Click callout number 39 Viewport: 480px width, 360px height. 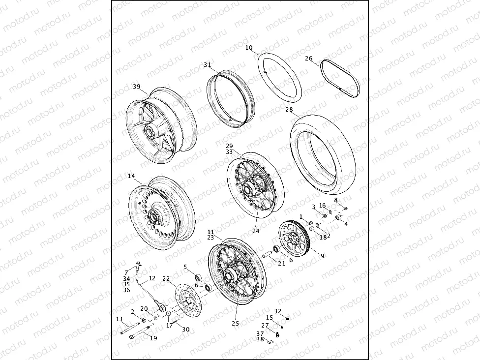(x=136, y=87)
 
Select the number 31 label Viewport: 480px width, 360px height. (x=207, y=65)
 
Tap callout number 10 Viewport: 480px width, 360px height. (x=248, y=48)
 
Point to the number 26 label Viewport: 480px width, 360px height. (x=308, y=59)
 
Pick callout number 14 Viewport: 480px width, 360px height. (x=131, y=176)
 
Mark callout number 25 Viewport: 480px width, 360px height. (x=235, y=323)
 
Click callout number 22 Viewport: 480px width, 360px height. (x=166, y=278)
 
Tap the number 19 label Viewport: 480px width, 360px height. (x=153, y=338)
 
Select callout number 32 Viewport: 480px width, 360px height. (x=277, y=311)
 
